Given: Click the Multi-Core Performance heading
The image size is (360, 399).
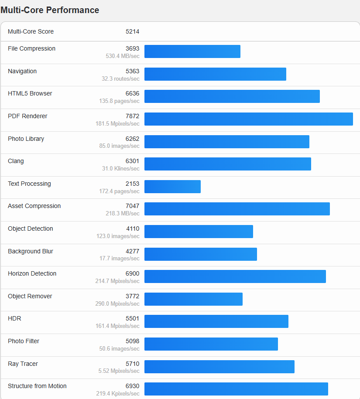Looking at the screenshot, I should tap(50, 10).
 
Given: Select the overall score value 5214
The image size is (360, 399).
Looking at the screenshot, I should tap(132, 31).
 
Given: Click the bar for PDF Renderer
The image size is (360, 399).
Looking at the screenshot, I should tap(248, 119).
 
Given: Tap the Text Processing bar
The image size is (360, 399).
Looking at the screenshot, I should tap(172, 187).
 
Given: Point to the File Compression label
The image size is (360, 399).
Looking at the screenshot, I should tap(31, 48).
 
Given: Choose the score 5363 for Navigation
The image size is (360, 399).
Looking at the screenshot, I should tap(132, 71).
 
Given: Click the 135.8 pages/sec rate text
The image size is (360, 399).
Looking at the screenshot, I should tap(119, 101).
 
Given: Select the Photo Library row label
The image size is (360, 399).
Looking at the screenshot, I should tap(26, 139).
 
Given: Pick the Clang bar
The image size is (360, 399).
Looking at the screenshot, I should tap(227, 164).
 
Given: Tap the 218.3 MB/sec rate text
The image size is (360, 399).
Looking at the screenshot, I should tap(119, 214).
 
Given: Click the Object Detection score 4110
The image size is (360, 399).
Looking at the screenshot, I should tap(133, 228).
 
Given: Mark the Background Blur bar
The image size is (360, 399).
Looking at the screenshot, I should tap(200, 254).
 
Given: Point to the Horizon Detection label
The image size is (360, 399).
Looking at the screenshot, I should tap(32, 273).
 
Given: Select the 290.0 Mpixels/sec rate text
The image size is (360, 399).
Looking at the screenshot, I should tap(117, 304).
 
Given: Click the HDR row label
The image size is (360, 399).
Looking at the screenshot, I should tap(14, 318).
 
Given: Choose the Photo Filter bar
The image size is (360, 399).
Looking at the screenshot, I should tap(211, 344).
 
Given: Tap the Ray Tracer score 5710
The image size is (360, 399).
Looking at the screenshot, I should tap(132, 364).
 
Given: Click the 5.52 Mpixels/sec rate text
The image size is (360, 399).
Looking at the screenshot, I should tap(119, 371).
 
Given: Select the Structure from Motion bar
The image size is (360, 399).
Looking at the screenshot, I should tap(236, 389).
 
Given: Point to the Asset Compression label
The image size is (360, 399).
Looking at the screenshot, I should tap(34, 206).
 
